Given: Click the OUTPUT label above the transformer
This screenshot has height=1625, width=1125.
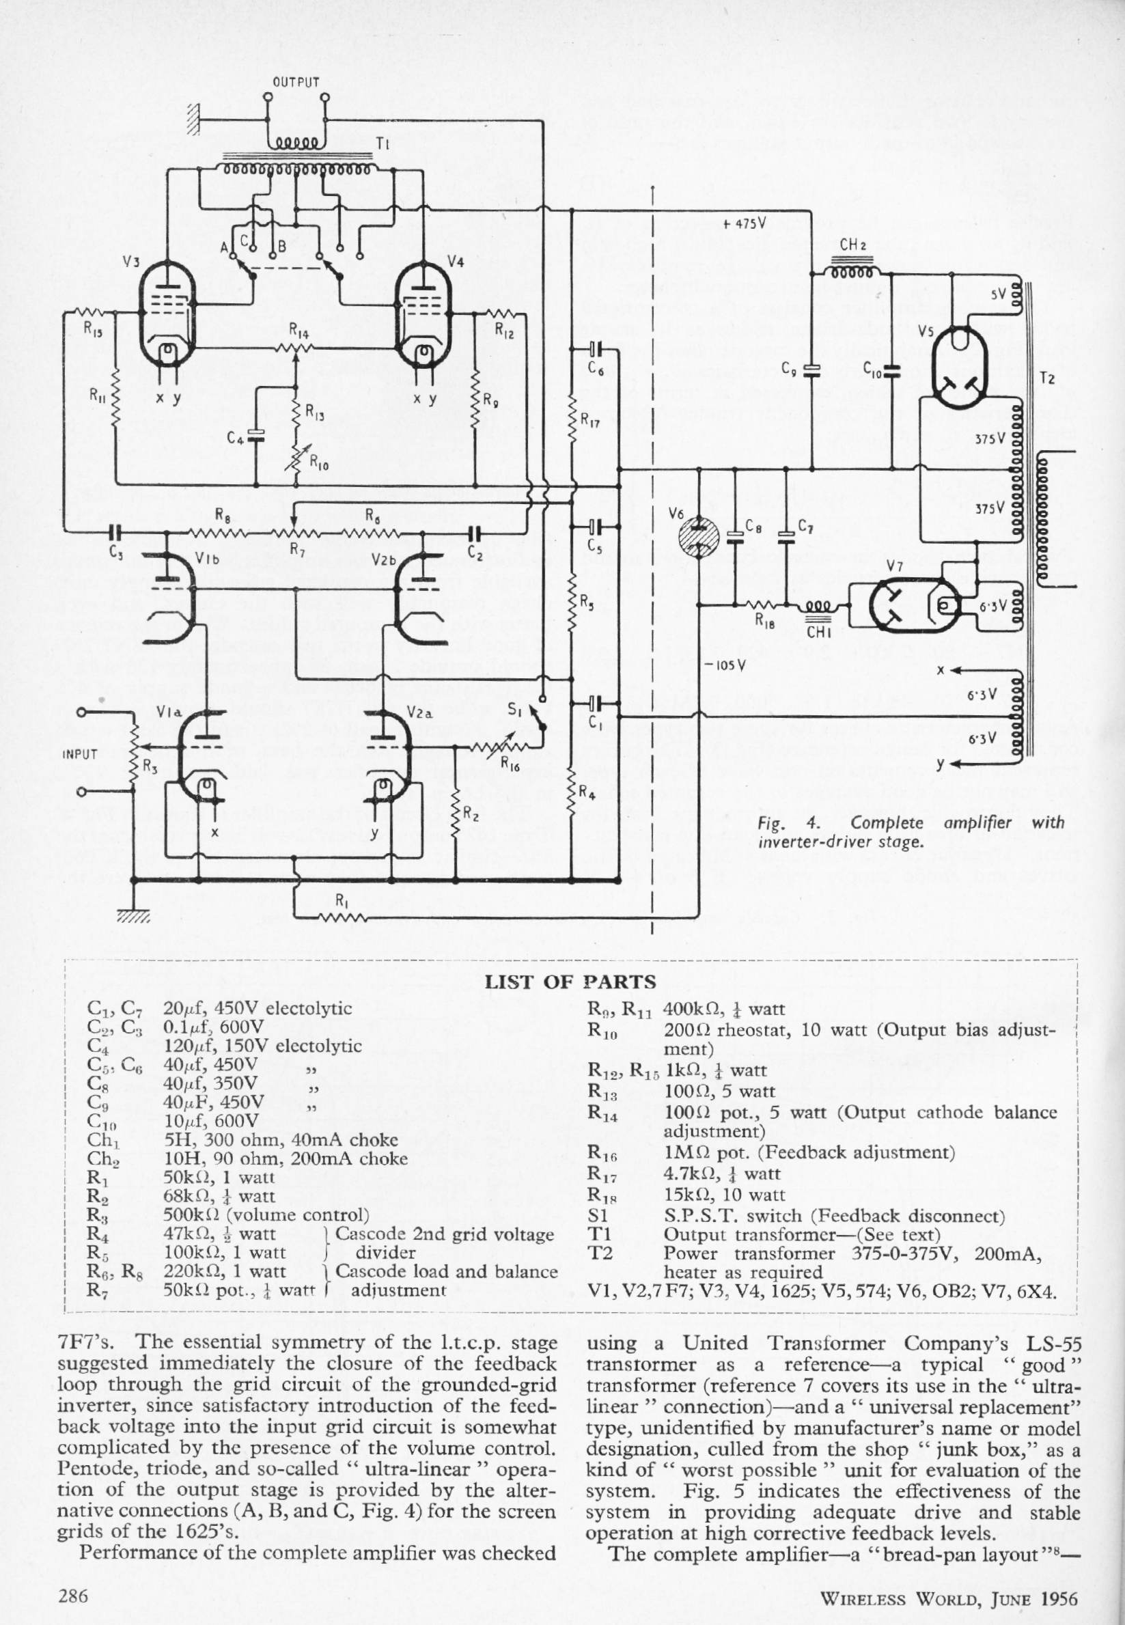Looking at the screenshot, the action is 296,82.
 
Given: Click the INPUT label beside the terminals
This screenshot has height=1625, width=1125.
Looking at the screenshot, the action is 80,753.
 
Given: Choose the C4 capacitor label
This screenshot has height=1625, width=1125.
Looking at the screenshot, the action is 236,438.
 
